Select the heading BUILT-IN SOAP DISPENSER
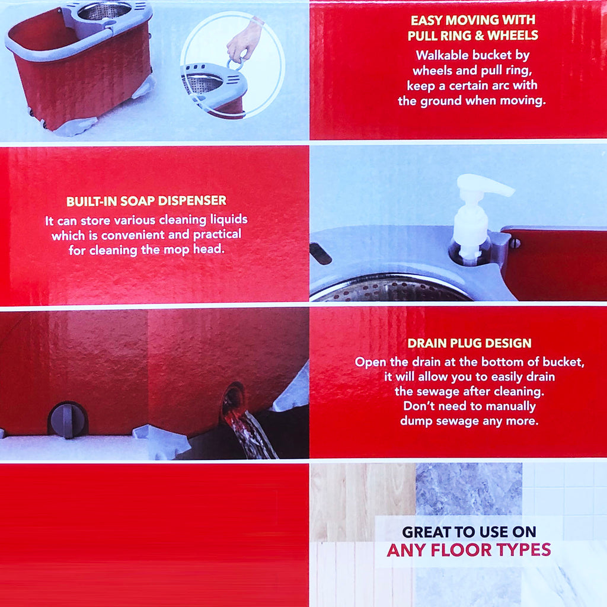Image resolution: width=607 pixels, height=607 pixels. [146, 201]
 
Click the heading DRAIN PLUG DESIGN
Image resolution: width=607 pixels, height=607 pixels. [469, 343]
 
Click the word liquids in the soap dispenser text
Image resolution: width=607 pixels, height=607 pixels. [229, 219]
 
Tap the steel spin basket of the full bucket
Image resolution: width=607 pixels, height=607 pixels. [104, 11]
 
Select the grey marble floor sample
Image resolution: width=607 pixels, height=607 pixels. [469, 489]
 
